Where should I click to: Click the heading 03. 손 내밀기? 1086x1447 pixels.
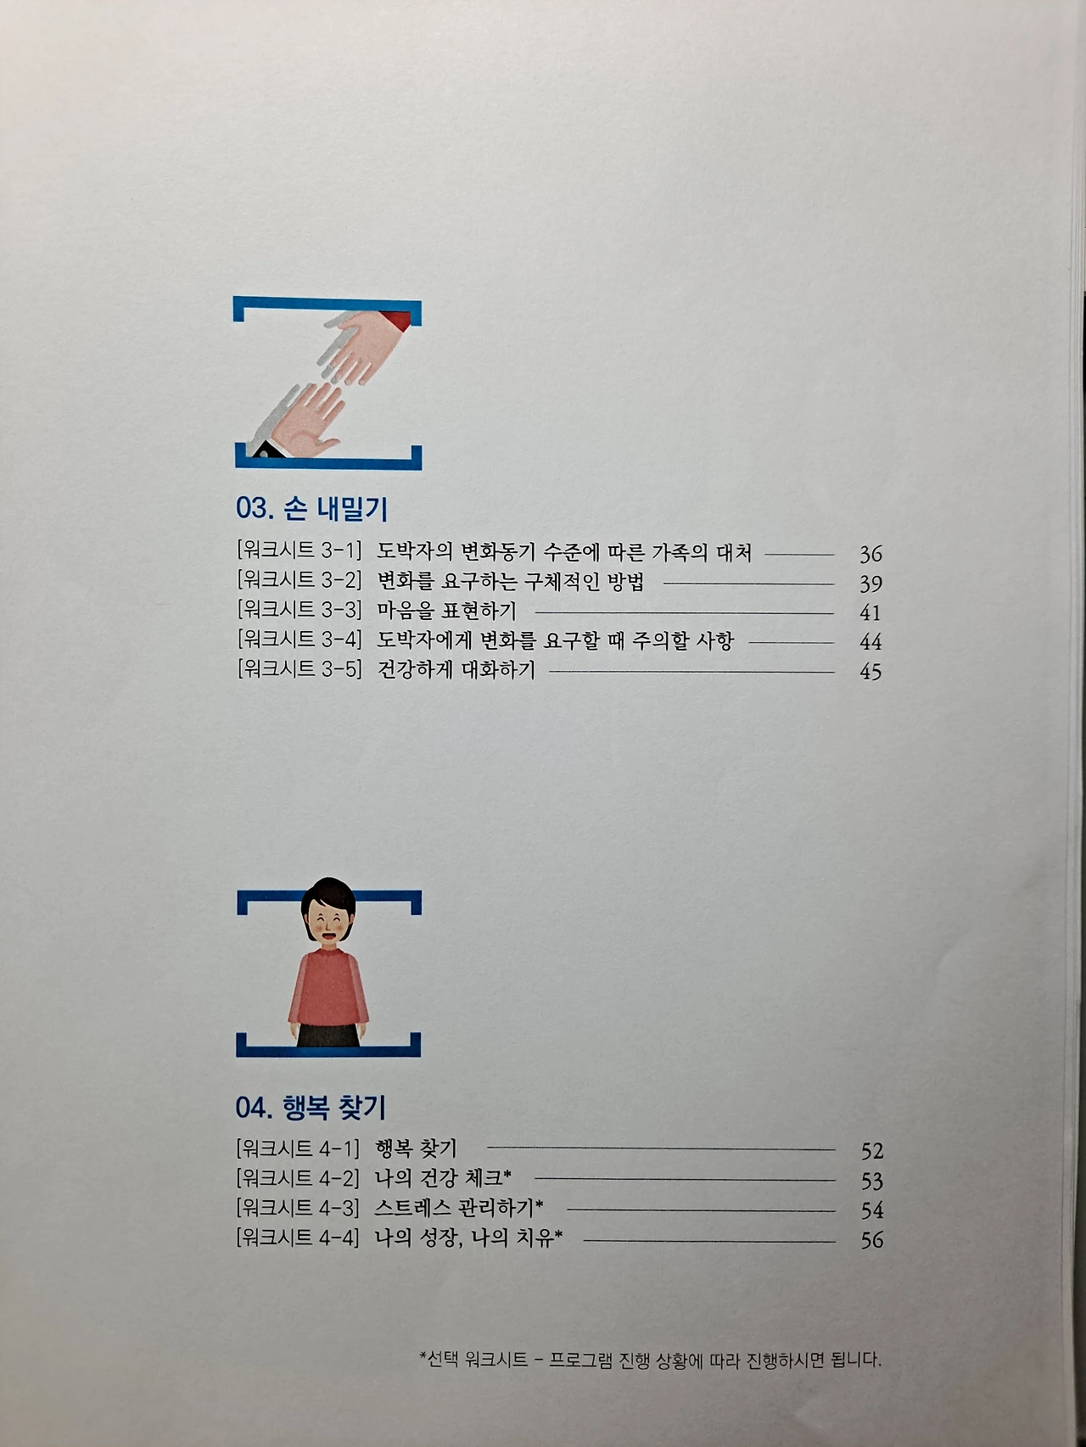click(x=311, y=509)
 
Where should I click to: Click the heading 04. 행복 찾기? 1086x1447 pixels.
click(x=311, y=1107)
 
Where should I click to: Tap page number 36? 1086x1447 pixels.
click(x=870, y=555)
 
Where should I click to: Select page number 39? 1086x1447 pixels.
click(x=870, y=584)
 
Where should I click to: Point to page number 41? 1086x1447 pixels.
click(x=870, y=612)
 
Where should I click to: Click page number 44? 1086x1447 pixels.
click(x=870, y=642)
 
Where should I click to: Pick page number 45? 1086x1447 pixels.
click(x=870, y=671)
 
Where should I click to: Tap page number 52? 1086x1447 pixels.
click(x=872, y=1151)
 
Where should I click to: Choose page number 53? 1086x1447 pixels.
click(x=872, y=1181)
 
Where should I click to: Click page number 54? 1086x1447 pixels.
click(x=872, y=1210)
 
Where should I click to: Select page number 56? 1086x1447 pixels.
click(x=872, y=1239)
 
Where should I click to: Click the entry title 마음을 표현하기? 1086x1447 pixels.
click(x=446, y=611)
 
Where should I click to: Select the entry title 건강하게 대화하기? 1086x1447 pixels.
click(x=456, y=670)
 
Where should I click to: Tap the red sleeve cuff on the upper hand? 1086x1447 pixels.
click(x=397, y=321)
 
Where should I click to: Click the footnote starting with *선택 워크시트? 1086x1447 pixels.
click(x=651, y=1360)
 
